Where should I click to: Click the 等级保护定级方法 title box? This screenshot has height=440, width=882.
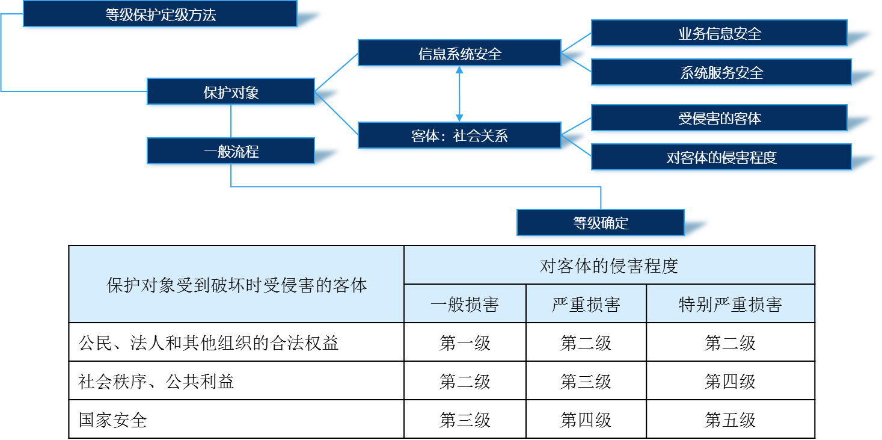(160, 14)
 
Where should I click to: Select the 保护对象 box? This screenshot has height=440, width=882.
(231, 91)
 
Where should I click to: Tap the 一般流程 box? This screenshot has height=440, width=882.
(231, 151)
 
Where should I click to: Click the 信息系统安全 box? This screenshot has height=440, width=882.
(459, 53)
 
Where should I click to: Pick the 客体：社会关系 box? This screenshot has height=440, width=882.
(459, 135)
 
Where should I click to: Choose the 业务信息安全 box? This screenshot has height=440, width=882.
(719, 33)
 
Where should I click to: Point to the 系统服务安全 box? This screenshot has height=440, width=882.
(721, 72)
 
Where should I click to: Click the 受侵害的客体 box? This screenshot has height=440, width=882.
(719, 118)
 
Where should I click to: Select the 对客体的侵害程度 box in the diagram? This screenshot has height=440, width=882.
(721, 157)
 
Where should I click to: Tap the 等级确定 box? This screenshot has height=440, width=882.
(600, 223)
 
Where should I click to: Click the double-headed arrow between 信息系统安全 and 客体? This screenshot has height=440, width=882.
(459, 94)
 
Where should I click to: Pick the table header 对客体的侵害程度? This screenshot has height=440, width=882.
(609, 265)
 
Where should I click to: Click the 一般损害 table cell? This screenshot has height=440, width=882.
(465, 304)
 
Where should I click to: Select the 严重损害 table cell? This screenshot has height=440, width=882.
(586, 304)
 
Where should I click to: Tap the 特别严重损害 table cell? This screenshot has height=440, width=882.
(730, 304)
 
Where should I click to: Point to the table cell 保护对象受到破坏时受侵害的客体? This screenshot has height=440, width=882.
(236, 285)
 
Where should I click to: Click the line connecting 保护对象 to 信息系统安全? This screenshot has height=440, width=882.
(336, 72)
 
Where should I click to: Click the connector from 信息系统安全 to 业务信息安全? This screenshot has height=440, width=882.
(576, 43)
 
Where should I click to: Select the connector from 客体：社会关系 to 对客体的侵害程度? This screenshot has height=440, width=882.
(576, 144)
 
